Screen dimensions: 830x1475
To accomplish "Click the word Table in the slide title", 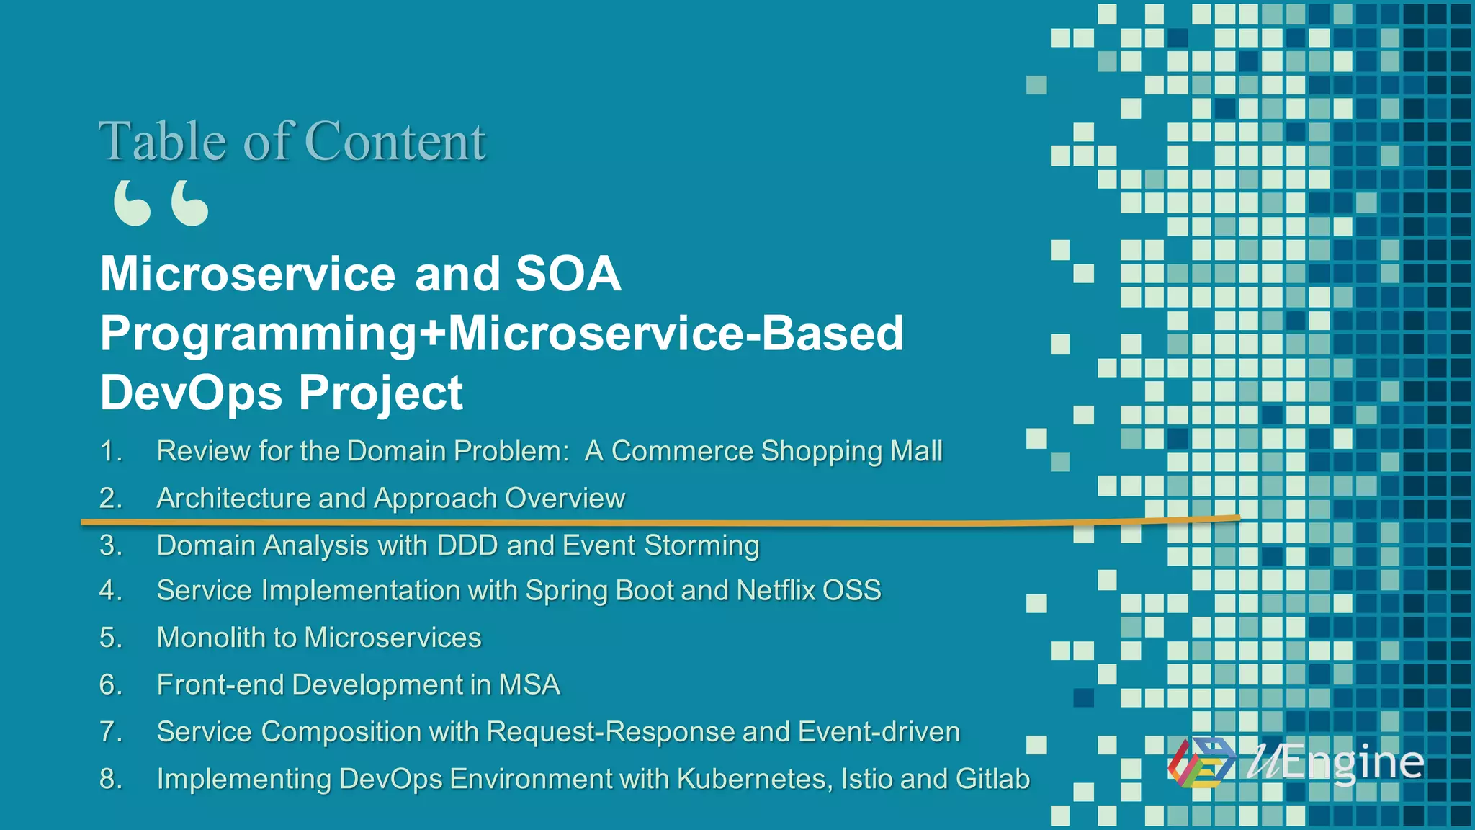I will [163, 141].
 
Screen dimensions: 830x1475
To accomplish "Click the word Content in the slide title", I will [395, 141].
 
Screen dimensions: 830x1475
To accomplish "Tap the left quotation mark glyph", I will [133, 203].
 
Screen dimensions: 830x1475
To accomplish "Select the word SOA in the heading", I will [568, 274].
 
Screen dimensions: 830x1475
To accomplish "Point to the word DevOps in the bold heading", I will [191, 393].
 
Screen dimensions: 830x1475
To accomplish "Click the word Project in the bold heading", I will [380, 394].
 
